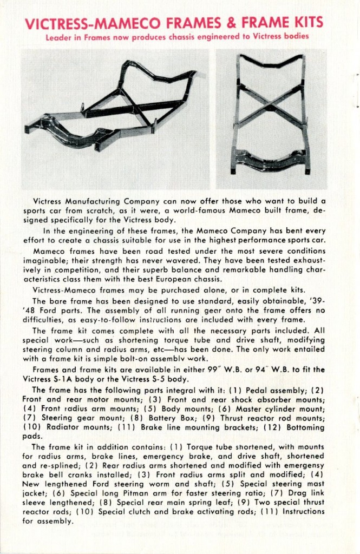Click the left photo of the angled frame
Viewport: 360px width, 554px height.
click(x=115, y=119)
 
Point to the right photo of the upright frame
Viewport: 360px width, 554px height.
click(x=271, y=119)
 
